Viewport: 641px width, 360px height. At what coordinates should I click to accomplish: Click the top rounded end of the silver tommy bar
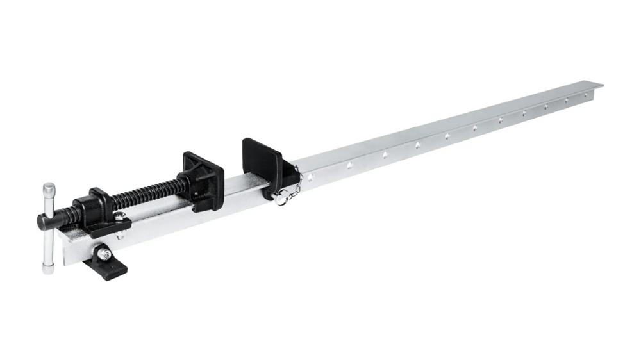point(49,188)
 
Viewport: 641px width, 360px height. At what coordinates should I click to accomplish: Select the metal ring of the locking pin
point(281,200)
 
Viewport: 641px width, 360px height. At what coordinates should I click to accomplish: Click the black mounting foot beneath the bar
point(106,263)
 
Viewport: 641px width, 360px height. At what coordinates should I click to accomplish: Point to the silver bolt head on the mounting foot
point(104,254)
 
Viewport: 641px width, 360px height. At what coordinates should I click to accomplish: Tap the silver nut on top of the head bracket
point(119,216)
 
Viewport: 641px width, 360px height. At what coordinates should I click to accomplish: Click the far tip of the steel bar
point(600,84)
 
